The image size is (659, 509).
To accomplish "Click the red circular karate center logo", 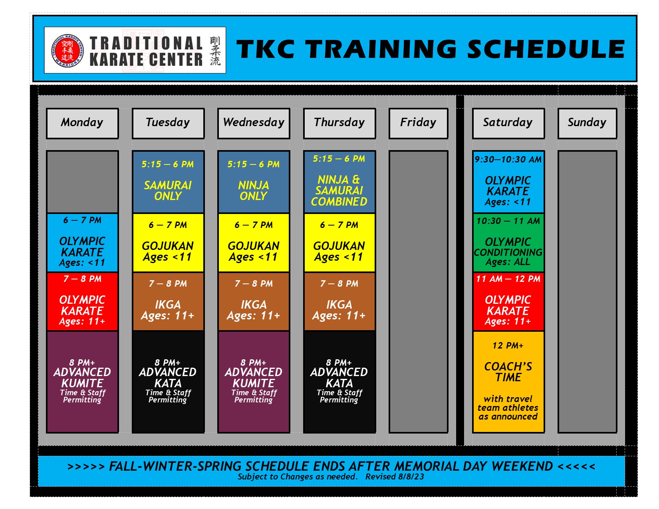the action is tap(67, 50).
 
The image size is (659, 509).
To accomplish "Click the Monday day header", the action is tap(82, 123).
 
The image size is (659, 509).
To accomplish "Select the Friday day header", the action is tap(418, 123).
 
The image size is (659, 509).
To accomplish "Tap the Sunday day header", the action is tap(587, 123).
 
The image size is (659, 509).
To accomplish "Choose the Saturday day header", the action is tap(508, 123).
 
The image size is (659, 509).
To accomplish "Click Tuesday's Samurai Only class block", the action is tap(168, 182).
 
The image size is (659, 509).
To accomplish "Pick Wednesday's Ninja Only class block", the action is tap(254, 182).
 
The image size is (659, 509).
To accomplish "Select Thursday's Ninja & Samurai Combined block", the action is tap(339, 182).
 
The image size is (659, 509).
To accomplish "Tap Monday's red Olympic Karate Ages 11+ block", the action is tap(82, 301).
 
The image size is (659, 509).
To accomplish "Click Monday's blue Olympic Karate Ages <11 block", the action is tap(82, 243).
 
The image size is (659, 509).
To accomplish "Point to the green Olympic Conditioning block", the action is tap(508, 243).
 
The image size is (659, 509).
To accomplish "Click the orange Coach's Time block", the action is tap(508, 381).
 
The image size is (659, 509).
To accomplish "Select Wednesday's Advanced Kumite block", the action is tap(254, 381).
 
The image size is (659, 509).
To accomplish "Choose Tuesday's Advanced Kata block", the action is tap(168, 381).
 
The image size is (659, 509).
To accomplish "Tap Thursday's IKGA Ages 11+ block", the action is tap(339, 301).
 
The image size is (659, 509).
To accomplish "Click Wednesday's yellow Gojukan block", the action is tap(254, 243).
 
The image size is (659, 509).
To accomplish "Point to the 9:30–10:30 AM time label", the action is tap(508, 159).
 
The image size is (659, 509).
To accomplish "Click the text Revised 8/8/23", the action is tap(394, 477).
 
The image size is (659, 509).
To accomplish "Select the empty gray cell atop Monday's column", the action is tap(82, 182).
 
